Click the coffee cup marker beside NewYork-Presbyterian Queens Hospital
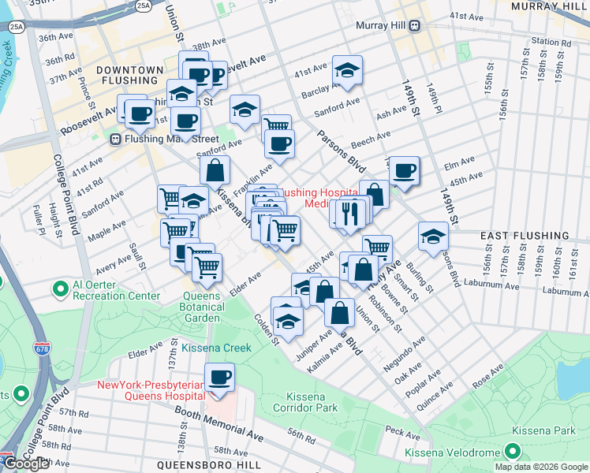[219, 377]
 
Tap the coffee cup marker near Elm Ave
[405, 170]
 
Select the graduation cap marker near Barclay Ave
[347, 70]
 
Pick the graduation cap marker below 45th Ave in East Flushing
[433, 236]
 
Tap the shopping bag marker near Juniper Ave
[339, 312]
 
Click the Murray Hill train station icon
[413, 25]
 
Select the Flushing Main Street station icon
[115, 140]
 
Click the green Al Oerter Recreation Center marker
[61, 289]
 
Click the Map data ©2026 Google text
[540, 466]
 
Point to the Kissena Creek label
[216, 348]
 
